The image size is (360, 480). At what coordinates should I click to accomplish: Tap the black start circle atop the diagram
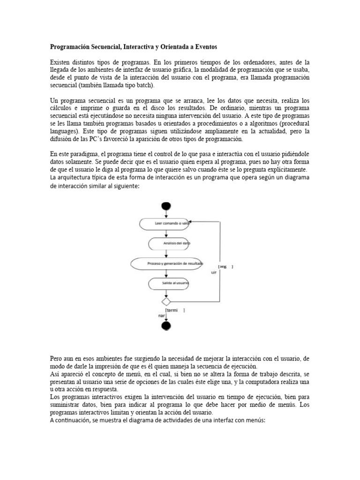pyautogui.click(x=165, y=207)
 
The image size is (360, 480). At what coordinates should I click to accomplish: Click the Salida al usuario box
pyautogui.click(x=169, y=283)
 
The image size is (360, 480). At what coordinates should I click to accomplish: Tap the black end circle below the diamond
pyautogui.click(x=165, y=326)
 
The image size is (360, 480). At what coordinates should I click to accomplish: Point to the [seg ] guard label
pyautogui.click(x=226, y=267)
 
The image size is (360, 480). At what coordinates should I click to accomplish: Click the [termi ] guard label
pyautogui.click(x=174, y=310)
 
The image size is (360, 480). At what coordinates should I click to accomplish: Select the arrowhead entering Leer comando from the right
pyautogui.click(x=193, y=224)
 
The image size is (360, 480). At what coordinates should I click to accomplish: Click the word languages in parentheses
pyautogui.click(x=64, y=131)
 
